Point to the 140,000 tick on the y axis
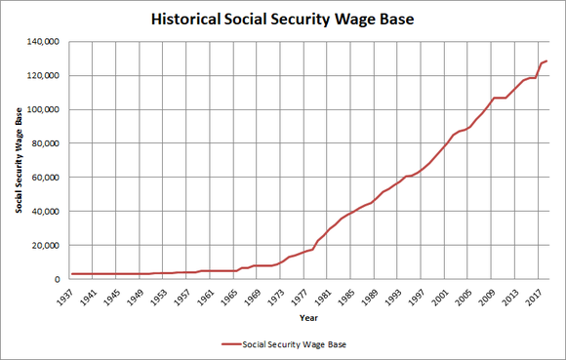tap(51, 42)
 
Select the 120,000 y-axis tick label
tap(51, 76)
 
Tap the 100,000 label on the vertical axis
tap(51, 109)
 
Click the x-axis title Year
tap(308, 318)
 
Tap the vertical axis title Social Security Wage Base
tap(19, 161)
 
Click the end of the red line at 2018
tap(547, 61)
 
